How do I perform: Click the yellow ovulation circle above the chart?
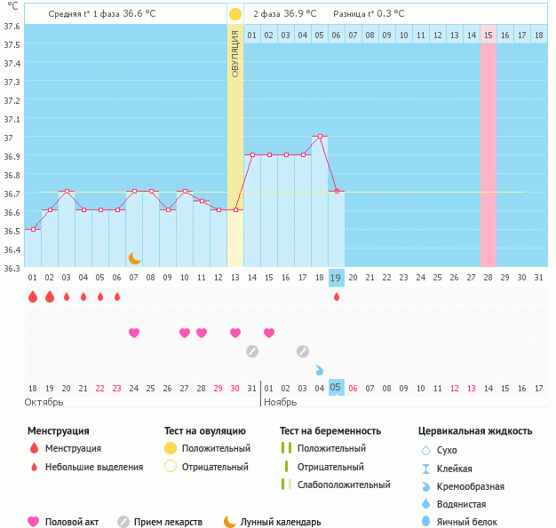coord(234,14)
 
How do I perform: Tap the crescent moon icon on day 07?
coord(134,258)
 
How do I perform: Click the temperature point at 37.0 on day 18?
coord(320,137)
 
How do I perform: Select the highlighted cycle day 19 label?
coord(336,278)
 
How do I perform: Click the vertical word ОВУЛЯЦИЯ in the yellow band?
coord(235,53)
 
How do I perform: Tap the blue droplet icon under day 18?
coord(319,369)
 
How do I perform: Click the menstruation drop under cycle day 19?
coord(337,296)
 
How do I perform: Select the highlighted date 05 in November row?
coord(336,388)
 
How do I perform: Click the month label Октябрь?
coord(44,402)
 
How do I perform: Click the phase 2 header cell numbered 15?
coord(488,35)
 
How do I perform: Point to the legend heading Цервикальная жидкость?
coord(475,431)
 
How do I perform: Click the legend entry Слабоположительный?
coord(344,485)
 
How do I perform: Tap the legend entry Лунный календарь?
coord(281,522)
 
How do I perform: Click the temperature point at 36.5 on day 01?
coord(33,230)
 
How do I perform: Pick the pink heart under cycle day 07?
coord(134,333)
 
